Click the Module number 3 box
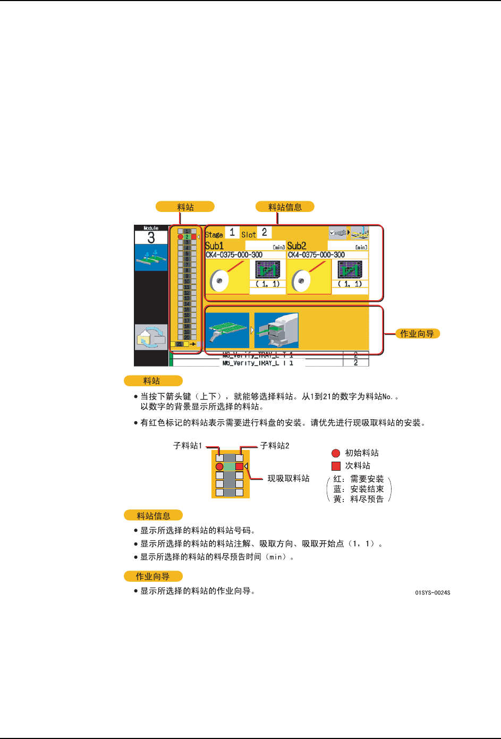click(x=151, y=237)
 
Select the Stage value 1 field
click(x=232, y=233)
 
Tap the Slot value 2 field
click(x=264, y=233)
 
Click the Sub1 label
click(x=214, y=246)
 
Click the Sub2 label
click(x=296, y=246)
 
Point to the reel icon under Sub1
click(x=219, y=280)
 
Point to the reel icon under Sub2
click(x=301, y=280)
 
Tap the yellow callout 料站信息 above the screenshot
click(x=285, y=207)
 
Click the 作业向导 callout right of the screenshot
click(x=417, y=334)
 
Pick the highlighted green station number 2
click(x=187, y=237)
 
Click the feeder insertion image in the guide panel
click(x=276, y=330)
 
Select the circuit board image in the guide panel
click(x=227, y=330)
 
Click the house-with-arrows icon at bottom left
click(x=151, y=337)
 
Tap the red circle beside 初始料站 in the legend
click(x=336, y=453)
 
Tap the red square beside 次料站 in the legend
click(x=336, y=466)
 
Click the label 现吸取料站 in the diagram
click(x=288, y=479)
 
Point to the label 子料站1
click(x=188, y=446)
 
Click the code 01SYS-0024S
click(x=432, y=592)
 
